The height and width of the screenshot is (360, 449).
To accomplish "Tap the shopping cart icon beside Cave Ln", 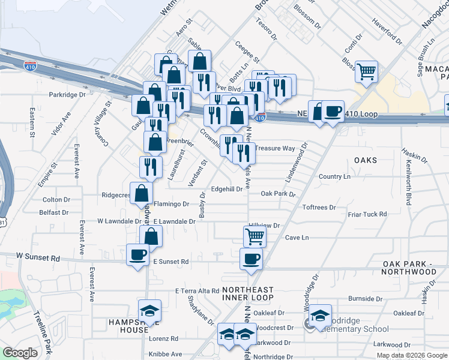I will coord(255,236).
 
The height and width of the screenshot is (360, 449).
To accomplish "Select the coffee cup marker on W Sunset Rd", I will coord(137,254).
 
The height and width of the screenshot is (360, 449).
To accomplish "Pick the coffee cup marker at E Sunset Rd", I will coord(251,259).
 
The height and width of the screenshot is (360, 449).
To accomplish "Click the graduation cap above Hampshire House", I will coord(149,311).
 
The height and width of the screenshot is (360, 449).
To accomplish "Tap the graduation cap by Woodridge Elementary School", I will coord(321,315).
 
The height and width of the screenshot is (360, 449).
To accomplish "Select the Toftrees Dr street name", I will coord(319,207).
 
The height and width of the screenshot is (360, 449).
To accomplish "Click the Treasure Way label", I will coord(275,148).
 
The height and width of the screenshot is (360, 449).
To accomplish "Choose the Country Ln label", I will coord(334,176).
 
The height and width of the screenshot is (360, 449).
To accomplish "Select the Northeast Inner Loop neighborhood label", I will coord(248,293).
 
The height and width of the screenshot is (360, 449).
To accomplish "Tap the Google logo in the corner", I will coord(20,353).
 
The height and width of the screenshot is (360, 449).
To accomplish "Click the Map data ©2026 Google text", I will coord(412,355).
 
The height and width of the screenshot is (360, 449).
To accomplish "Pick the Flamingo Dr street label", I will coord(171,204).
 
